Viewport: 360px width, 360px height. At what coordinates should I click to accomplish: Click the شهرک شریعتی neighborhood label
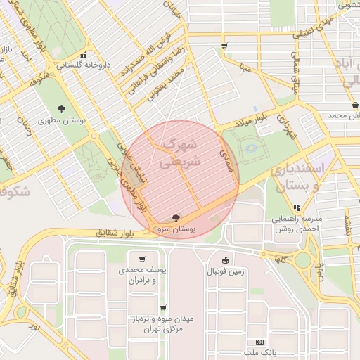[x=181, y=153]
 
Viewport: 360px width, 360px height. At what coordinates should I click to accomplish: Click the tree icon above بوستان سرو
[x=175, y=217]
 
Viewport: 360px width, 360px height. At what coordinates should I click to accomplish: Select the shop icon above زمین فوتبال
[x=225, y=259]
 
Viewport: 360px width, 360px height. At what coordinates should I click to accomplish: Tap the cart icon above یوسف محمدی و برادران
[x=143, y=259]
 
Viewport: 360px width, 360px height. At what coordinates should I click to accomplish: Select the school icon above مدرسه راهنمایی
[x=297, y=207]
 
